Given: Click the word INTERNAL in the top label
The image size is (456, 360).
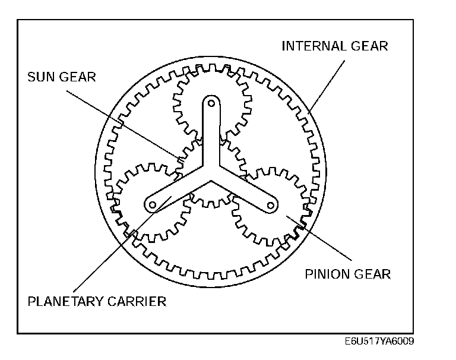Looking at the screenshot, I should [312, 46].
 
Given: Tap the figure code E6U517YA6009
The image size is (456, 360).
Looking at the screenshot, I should [378, 342].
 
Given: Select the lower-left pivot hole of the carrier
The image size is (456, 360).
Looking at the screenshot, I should [153, 205].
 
